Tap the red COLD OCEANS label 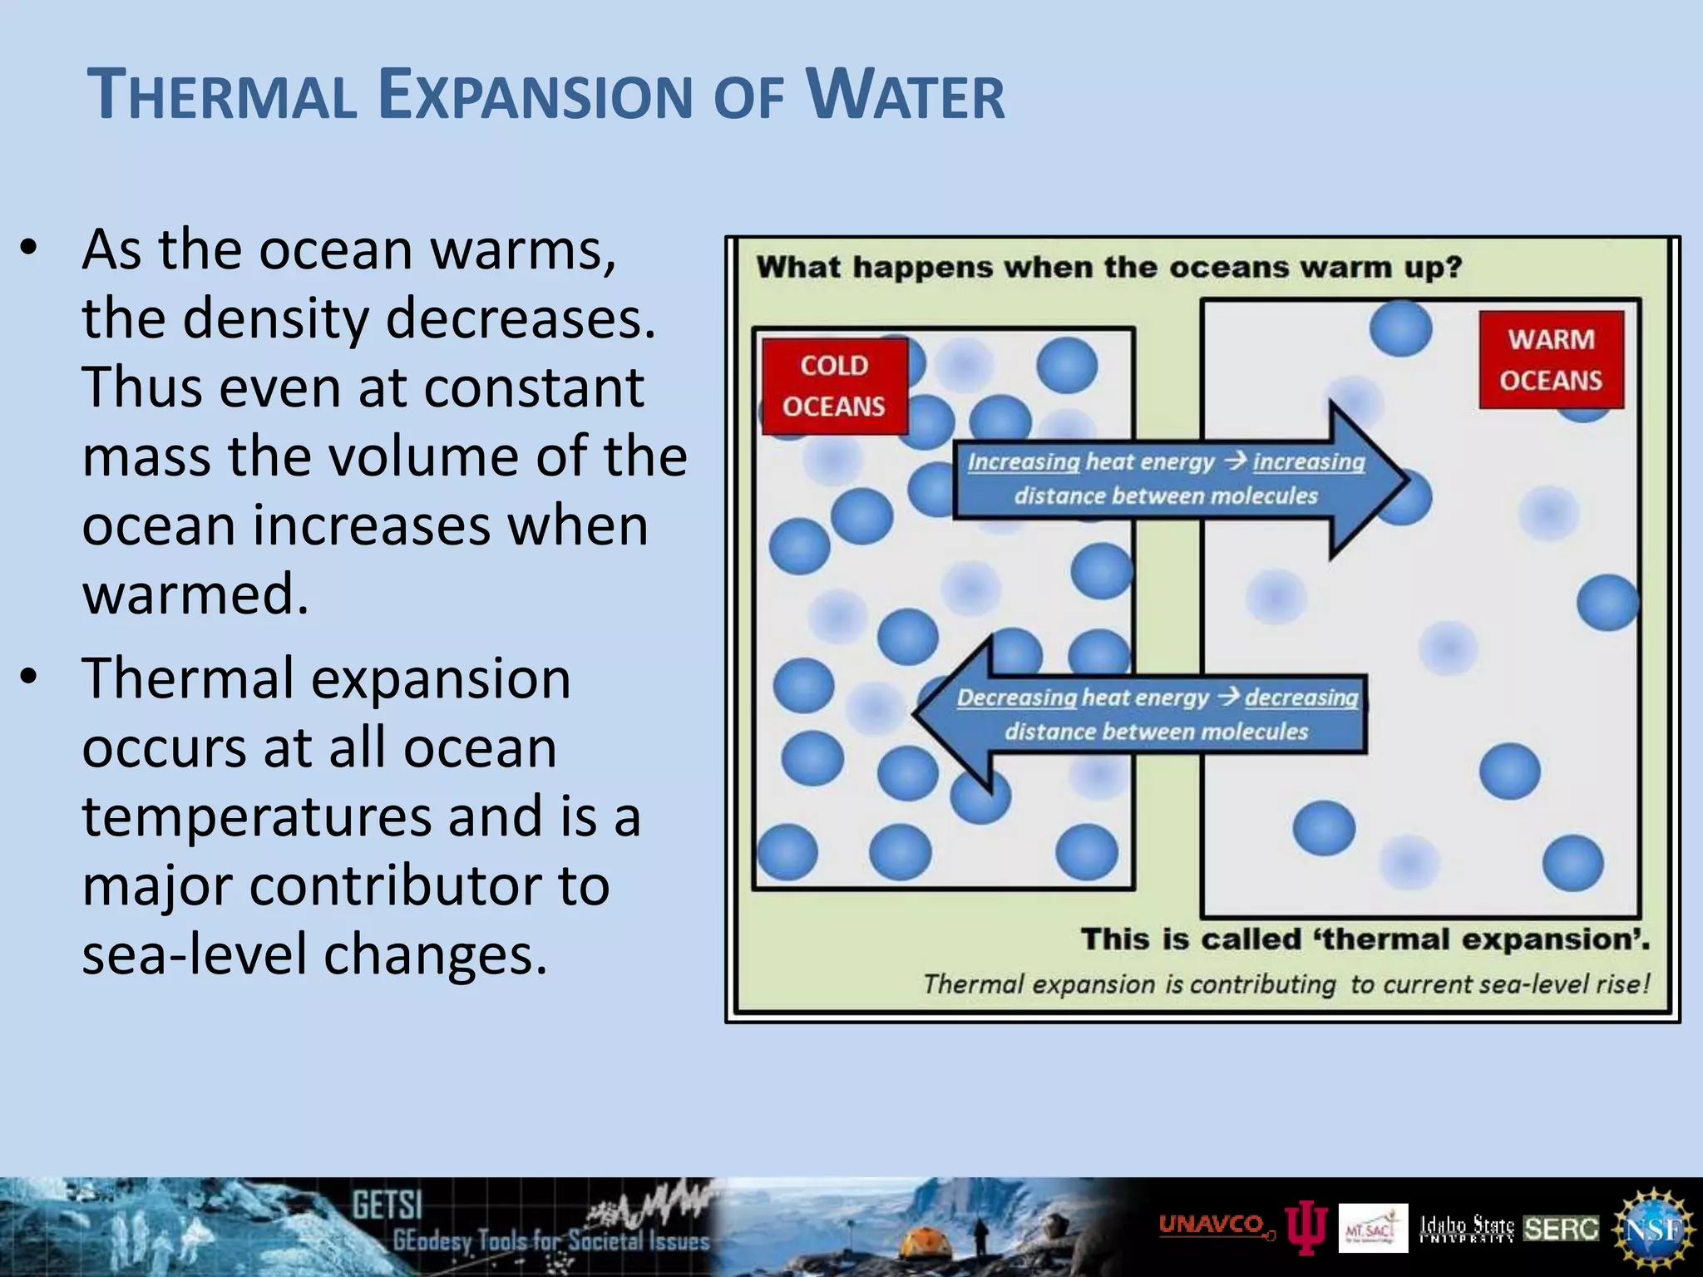coord(834,386)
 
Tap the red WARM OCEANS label coord(1551,359)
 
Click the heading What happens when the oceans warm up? coord(1108,268)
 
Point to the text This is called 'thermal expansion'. coord(1365,939)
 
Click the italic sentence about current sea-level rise coord(1286,984)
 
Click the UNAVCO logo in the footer coord(1212,1225)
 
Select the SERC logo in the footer coord(1561,1229)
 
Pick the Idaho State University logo coord(1467,1228)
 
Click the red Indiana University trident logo coord(1306,1227)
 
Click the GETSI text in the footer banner coord(387,1205)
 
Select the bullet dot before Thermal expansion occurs coord(29,678)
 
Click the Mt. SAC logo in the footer coord(1373,1228)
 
